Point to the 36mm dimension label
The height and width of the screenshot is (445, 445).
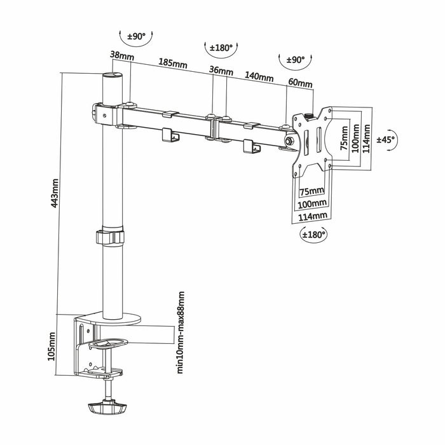[221, 71]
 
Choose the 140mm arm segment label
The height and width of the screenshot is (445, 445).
[259, 77]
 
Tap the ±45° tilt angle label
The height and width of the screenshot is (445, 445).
[386, 139]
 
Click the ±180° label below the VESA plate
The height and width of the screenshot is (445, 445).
[313, 235]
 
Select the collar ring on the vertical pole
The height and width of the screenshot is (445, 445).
[111, 238]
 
